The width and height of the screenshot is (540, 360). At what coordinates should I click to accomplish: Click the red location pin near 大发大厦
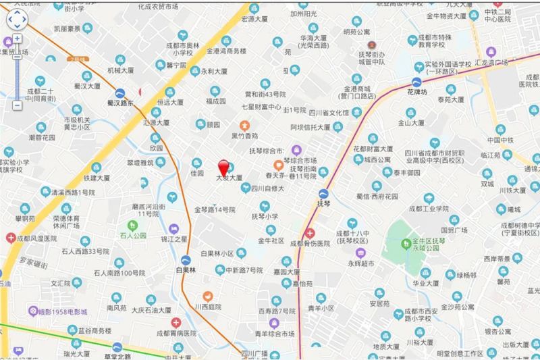pyautogui.click(x=223, y=166)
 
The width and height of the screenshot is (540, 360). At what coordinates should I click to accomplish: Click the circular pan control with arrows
pyautogui.click(x=16, y=21)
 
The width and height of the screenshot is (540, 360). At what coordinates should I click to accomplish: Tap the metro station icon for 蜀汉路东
pyautogui.click(x=120, y=93)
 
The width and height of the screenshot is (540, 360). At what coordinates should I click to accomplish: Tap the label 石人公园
pyautogui.click(x=133, y=236)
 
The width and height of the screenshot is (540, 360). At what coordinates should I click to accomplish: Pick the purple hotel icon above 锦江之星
pyautogui.click(x=173, y=228)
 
